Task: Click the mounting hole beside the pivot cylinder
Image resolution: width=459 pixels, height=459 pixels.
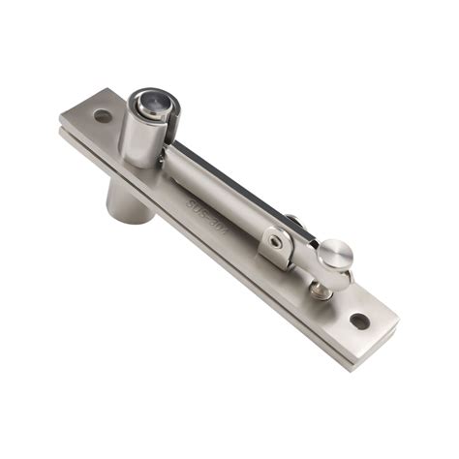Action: click(x=102, y=116)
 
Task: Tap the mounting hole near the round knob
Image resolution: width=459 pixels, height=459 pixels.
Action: click(x=359, y=321)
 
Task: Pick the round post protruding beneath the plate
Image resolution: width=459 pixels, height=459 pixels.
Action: click(x=129, y=199)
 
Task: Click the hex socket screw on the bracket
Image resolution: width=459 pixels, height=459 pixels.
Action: click(x=277, y=241)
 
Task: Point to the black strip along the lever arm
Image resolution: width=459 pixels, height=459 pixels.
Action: click(x=232, y=165)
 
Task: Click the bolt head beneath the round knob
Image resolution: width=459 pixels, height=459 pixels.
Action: click(x=321, y=288)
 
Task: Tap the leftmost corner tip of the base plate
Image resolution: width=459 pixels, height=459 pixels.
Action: click(x=59, y=121)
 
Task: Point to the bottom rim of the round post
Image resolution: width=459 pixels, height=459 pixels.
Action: click(x=130, y=217)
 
